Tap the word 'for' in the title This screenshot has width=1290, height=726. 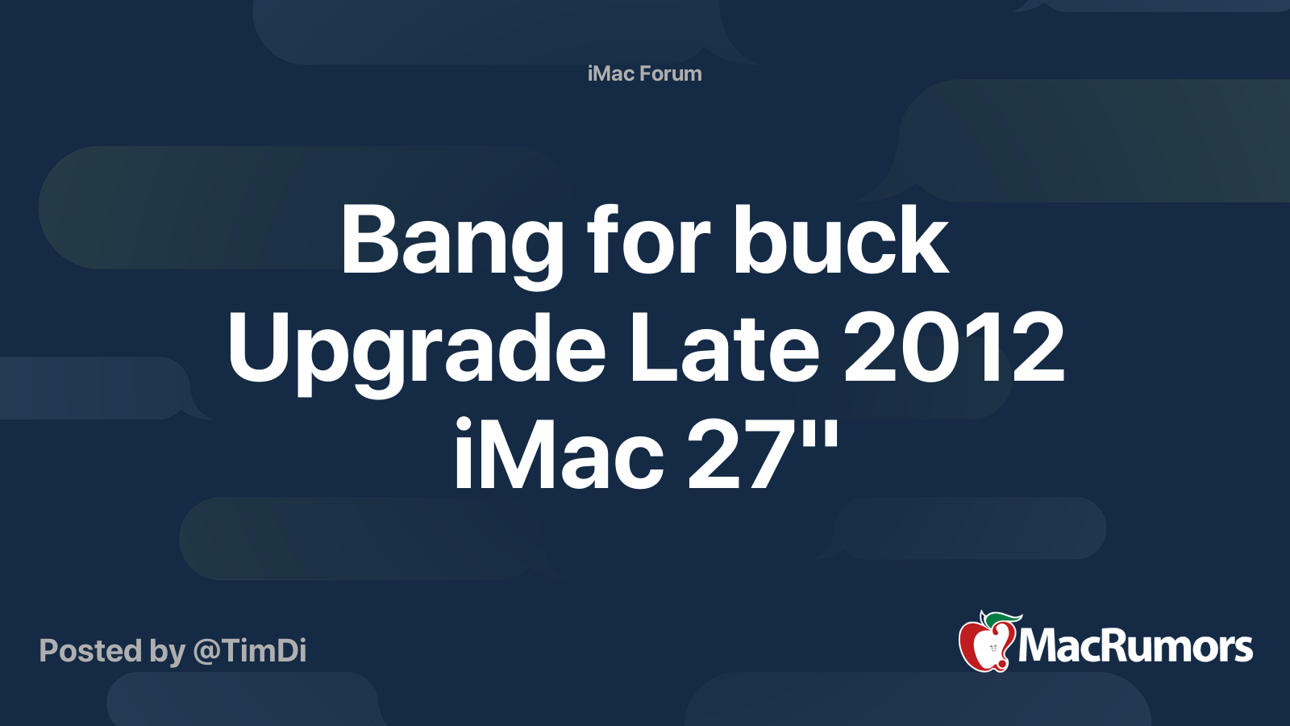pyautogui.click(x=647, y=240)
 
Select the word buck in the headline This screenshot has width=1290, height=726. pyautogui.click(x=840, y=240)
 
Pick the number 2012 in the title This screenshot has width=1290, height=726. pyautogui.click(x=954, y=348)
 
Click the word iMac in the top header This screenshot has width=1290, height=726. pyautogui.click(x=610, y=73)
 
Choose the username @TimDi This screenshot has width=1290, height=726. pyautogui.click(x=250, y=651)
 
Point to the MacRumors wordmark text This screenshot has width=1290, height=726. pyautogui.click(x=1135, y=647)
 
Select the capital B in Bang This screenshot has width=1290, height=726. pyautogui.click(x=370, y=240)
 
